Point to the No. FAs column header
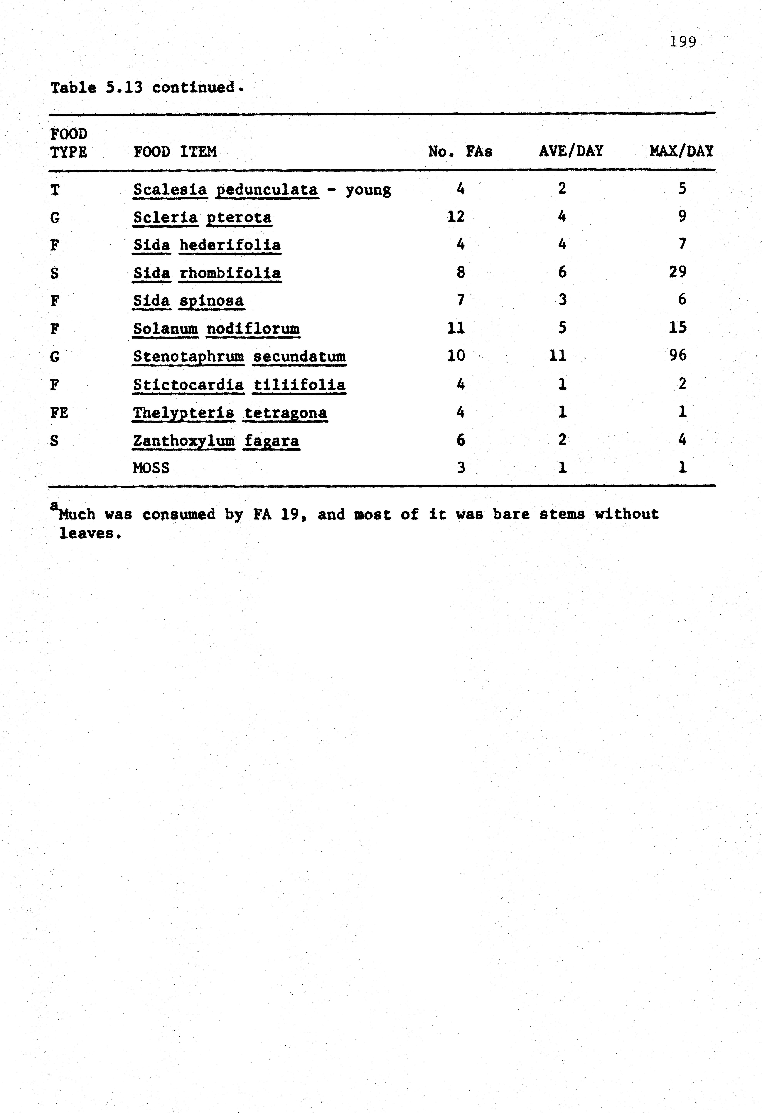pos(460,152)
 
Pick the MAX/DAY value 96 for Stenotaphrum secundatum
pos(678,355)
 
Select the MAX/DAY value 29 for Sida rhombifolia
pos(678,272)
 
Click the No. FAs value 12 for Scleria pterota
pos(456,216)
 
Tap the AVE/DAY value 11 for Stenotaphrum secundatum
pos(558,355)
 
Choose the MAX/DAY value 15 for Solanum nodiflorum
pos(678,328)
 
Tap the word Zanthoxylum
pos(184,440)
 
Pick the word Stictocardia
pos(188,385)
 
